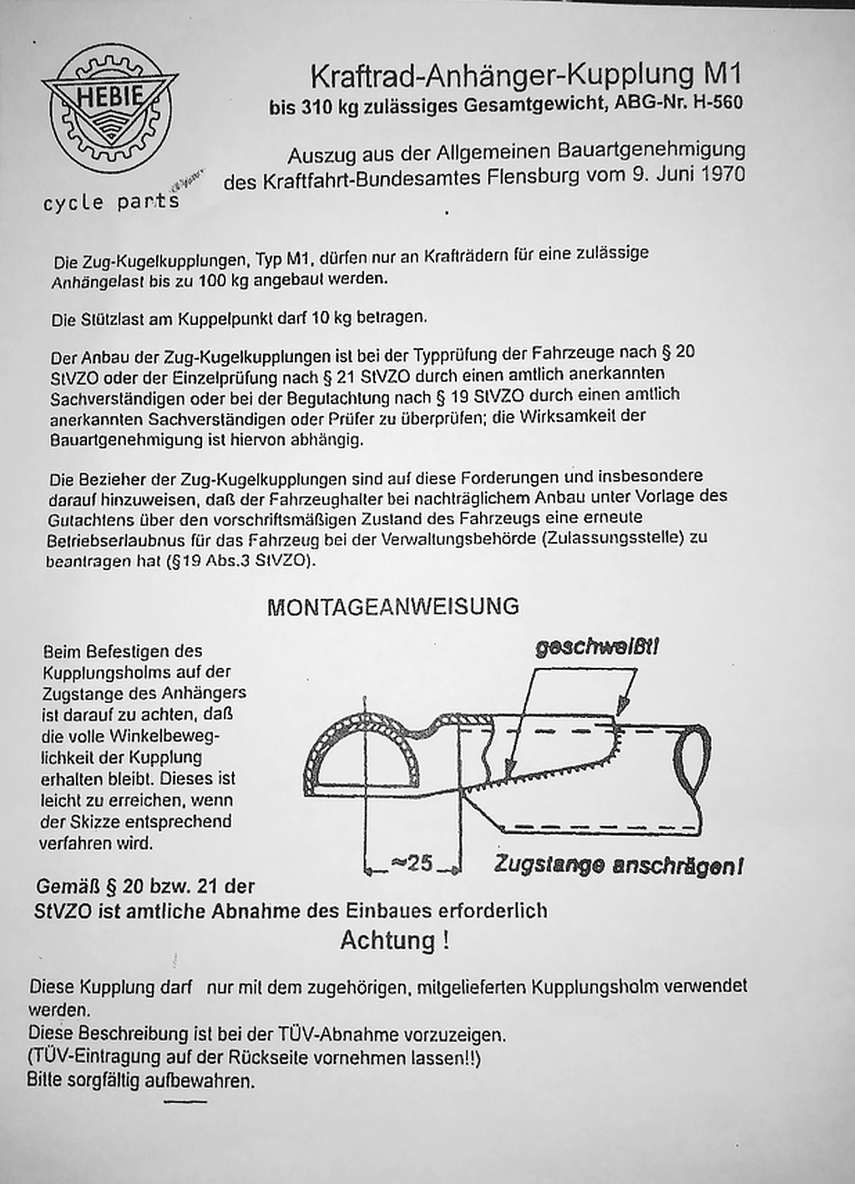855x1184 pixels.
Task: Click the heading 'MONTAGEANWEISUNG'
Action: (392, 606)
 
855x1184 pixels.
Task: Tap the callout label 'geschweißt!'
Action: (598, 648)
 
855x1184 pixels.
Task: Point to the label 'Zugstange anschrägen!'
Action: (618, 866)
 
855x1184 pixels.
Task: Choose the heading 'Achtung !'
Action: (395, 941)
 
